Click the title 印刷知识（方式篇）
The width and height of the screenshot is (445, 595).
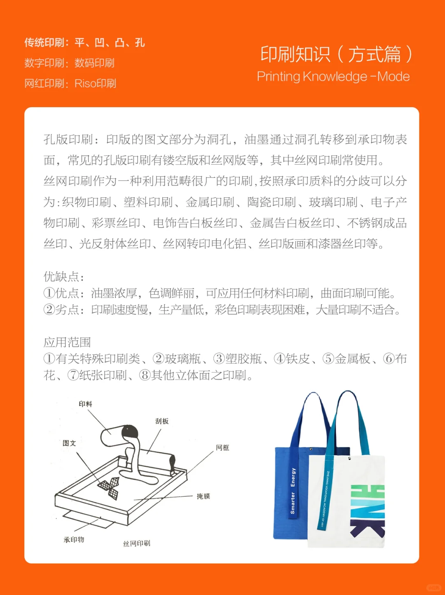pos(336,54)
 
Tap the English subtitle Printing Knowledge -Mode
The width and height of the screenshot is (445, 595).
pos(333,77)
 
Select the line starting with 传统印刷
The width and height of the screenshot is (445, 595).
pos(84,42)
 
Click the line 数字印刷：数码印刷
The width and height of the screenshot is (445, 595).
pos(69,63)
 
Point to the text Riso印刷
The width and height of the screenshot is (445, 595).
pos(95,84)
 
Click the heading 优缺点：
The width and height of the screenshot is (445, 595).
pos(64,277)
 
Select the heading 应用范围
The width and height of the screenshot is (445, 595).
pos(67,342)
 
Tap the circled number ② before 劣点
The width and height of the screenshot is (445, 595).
pos(49,310)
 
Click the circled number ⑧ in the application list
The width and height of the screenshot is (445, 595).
pos(145,376)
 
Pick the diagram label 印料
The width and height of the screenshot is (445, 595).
pos(85,404)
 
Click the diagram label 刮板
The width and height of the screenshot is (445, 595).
pos(162,421)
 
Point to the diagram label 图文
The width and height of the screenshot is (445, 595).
pos(69,443)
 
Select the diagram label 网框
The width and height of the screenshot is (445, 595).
pos(222,448)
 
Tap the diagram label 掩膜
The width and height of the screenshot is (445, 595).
pos(203,496)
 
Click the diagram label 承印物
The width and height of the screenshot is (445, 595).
pos(74,540)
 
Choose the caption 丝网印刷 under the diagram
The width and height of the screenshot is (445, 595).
pos(137,543)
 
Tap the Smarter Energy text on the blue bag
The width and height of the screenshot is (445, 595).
pos(293,491)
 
